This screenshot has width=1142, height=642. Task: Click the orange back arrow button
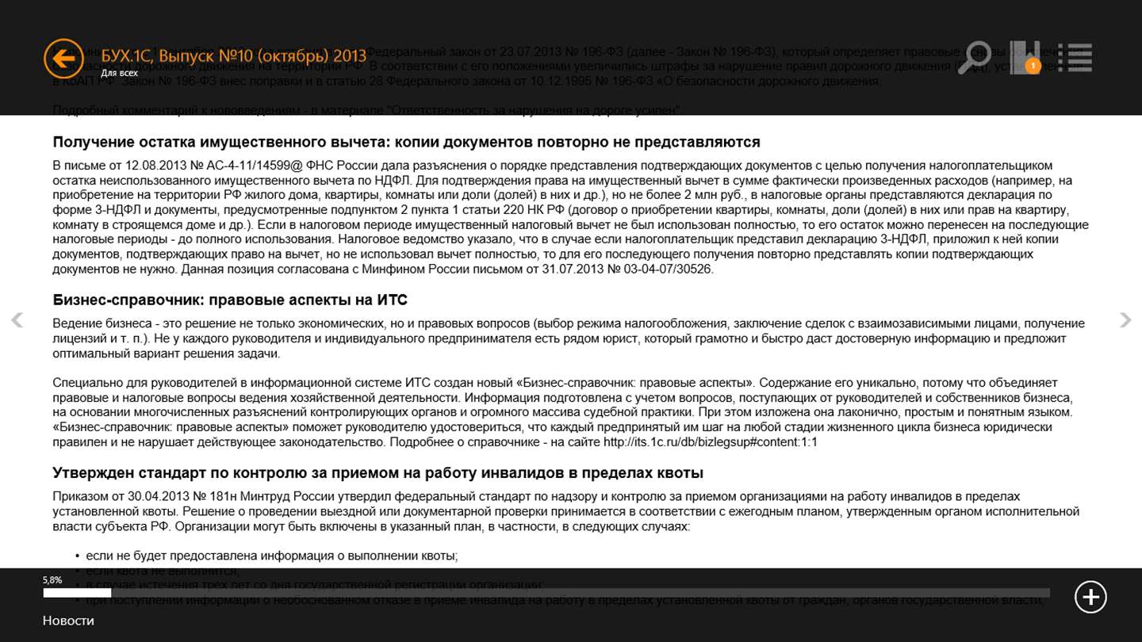tap(63, 58)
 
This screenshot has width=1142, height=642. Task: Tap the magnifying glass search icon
tap(974, 58)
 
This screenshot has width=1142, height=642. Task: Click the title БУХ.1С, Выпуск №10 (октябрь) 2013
tap(234, 55)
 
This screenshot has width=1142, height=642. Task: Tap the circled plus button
tap(1090, 597)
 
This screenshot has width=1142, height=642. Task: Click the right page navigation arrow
tap(1125, 320)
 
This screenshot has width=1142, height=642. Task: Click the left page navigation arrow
tap(17, 320)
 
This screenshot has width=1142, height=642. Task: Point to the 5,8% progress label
tap(52, 580)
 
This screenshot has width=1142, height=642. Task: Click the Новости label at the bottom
tap(68, 621)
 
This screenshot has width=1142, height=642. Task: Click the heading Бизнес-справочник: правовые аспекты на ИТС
tap(230, 300)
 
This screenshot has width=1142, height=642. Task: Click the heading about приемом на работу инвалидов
tap(377, 473)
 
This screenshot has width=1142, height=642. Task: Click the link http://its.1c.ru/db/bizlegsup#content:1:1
tap(710, 442)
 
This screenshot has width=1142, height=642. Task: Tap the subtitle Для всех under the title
tap(119, 73)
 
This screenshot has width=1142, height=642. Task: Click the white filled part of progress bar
tap(77, 593)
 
